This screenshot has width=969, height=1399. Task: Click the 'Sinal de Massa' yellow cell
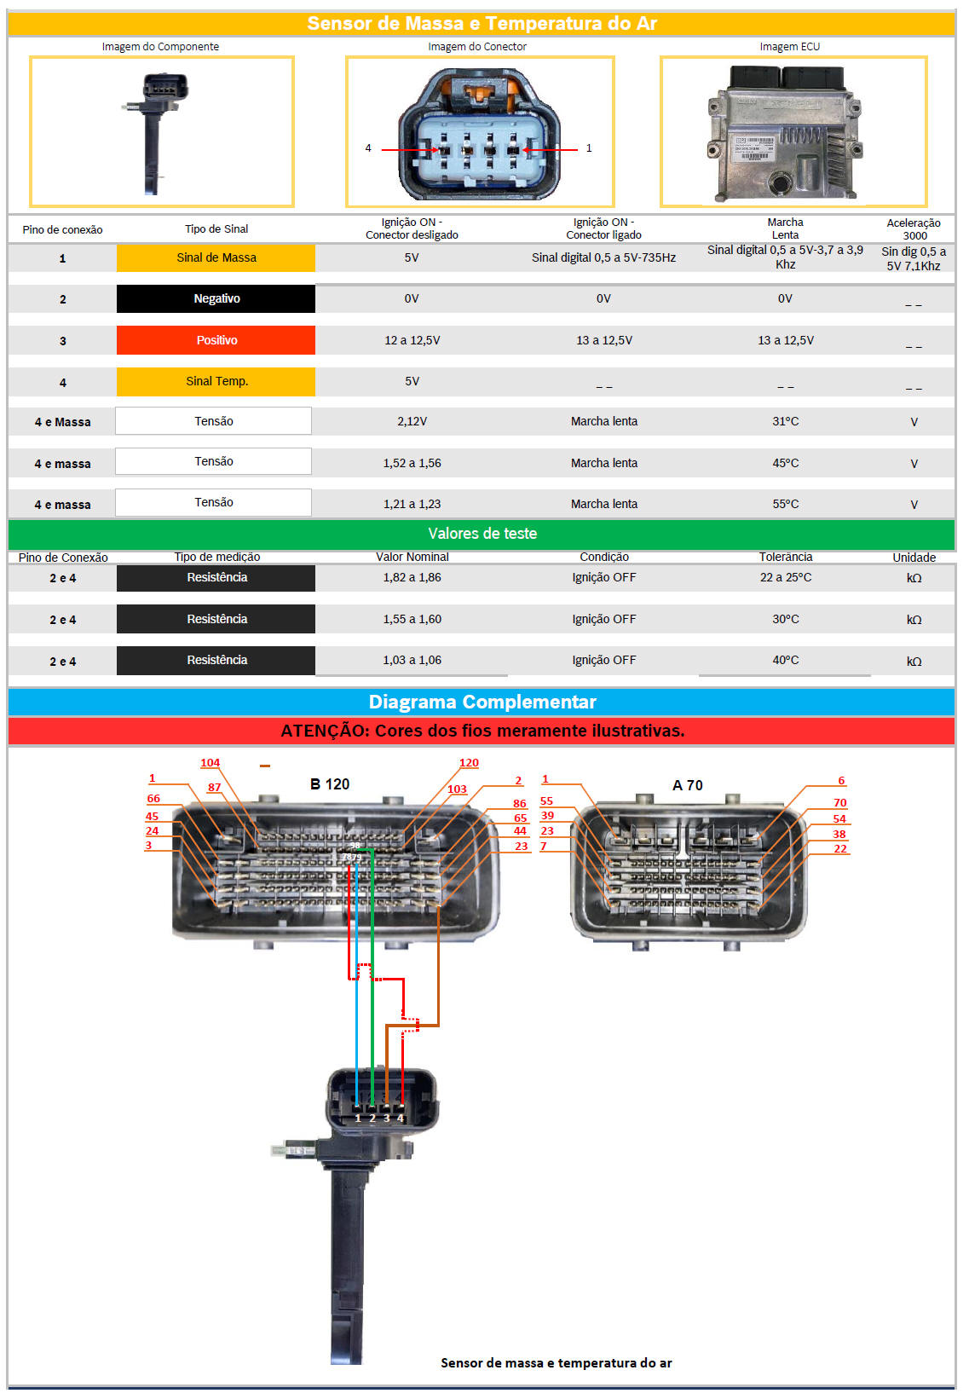pyautogui.click(x=216, y=257)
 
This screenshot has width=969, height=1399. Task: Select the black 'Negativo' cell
pyautogui.click(x=216, y=298)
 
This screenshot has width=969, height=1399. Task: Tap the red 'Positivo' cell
pyautogui.click(x=216, y=340)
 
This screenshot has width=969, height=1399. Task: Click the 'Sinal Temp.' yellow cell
pyautogui.click(x=216, y=381)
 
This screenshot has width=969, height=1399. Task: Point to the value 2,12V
pyautogui.click(x=412, y=421)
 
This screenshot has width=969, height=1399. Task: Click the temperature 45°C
pyautogui.click(x=786, y=463)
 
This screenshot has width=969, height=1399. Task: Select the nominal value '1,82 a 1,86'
pyautogui.click(x=412, y=578)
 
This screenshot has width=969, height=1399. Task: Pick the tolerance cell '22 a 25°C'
pyautogui.click(x=786, y=578)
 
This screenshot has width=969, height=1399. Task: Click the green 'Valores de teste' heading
pyautogui.click(x=482, y=534)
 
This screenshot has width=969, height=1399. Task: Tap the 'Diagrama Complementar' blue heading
pyautogui.click(x=482, y=702)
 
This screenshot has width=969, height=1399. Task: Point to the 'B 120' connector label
pyautogui.click(x=330, y=784)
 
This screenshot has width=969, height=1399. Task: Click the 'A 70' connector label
pyautogui.click(x=688, y=786)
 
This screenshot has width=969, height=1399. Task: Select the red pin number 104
pyautogui.click(x=210, y=762)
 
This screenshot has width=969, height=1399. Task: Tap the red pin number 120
pyautogui.click(x=469, y=762)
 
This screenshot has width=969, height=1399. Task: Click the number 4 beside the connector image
pyautogui.click(x=368, y=148)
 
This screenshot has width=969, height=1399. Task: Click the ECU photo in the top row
pyautogui.click(x=786, y=133)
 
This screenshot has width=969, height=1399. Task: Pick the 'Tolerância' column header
pyautogui.click(x=786, y=557)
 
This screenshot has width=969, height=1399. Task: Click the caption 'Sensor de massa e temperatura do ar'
pyautogui.click(x=557, y=1363)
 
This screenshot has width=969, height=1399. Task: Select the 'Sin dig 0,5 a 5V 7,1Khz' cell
pyautogui.click(x=914, y=258)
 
